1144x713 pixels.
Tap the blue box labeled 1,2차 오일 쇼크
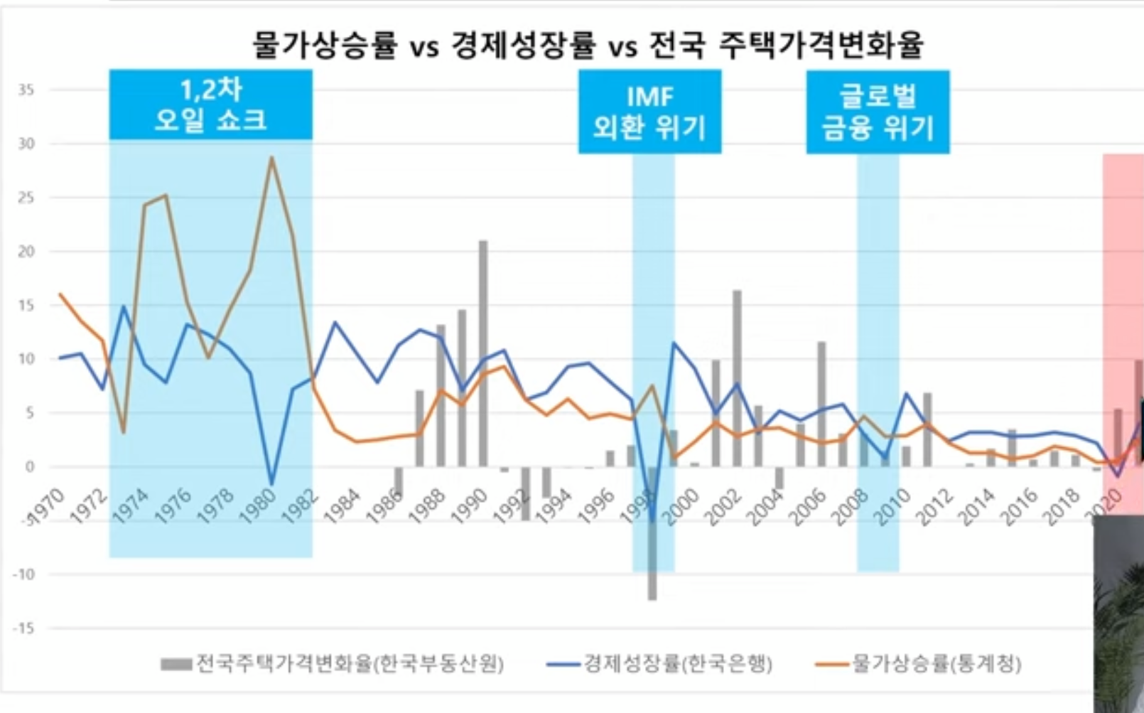point(210,104)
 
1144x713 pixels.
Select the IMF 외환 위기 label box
point(649,112)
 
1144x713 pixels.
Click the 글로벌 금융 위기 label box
point(878,112)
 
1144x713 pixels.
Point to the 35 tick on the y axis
point(26,90)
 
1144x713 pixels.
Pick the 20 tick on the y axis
point(26,251)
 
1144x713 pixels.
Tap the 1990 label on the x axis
point(470,506)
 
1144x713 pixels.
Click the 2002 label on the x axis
point(724,506)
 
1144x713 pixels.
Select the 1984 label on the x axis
point(342,506)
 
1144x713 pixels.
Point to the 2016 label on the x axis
point(1020,506)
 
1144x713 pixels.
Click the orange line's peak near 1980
point(271,157)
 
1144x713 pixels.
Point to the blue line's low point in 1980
point(271,484)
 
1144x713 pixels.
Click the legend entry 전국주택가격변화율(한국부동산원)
point(333,664)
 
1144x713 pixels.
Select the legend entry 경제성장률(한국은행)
point(659,664)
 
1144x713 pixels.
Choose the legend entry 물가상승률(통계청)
point(918,664)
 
